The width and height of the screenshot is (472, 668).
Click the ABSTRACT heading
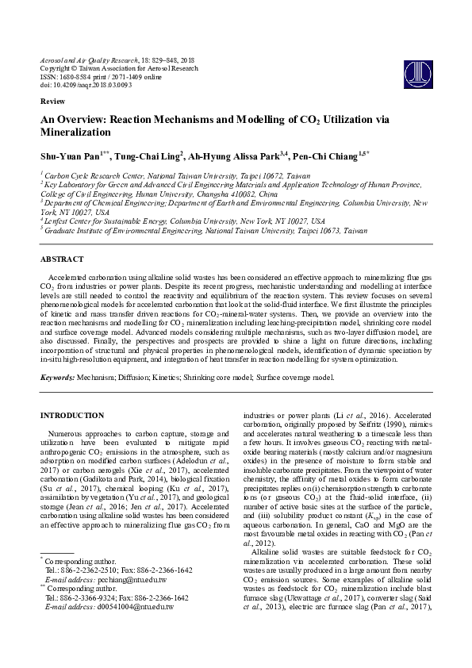[62, 259]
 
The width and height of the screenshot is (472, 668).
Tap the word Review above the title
[50, 103]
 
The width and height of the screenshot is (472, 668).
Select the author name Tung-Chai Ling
[147, 155]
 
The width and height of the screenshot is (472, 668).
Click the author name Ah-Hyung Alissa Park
[236, 155]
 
